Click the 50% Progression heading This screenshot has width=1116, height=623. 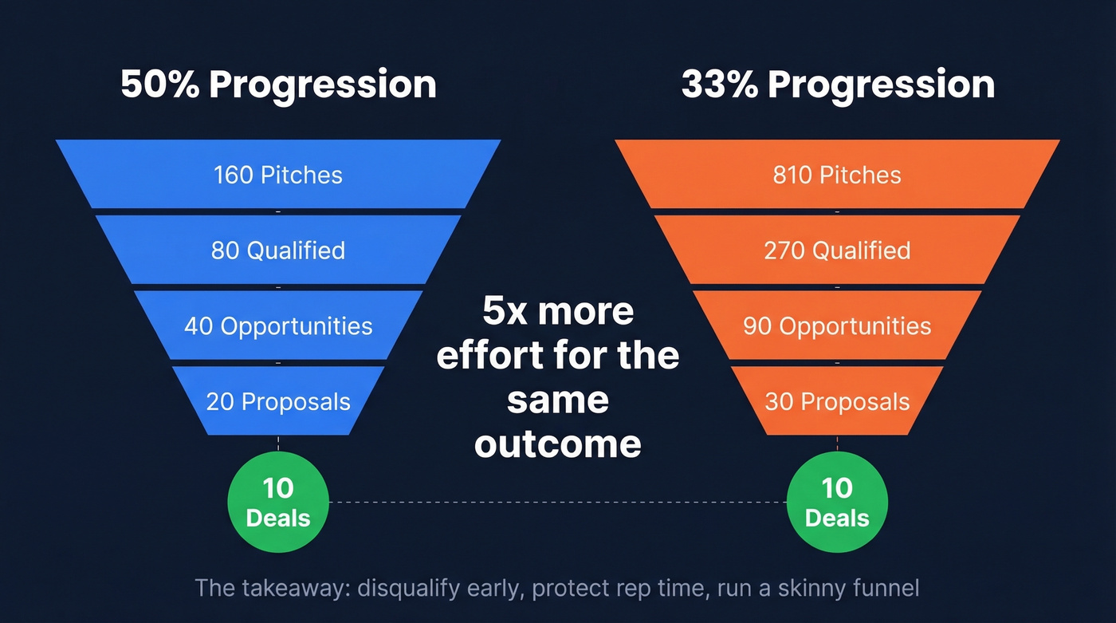[x=278, y=85]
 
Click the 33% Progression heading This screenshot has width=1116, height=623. [x=837, y=85]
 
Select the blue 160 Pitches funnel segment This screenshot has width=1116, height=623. [x=278, y=175]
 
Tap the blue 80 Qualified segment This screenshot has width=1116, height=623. [x=278, y=250]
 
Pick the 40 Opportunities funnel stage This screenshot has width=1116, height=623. [x=278, y=325]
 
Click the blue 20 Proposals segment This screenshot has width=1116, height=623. [x=278, y=401]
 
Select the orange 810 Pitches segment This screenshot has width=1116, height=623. [x=837, y=175]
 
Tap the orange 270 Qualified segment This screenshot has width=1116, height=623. [x=837, y=250]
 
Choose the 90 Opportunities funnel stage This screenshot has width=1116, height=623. [x=837, y=325]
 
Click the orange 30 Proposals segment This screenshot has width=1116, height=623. [x=837, y=401]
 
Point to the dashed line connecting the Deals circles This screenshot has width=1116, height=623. [x=558, y=503]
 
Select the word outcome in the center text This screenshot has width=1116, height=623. [x=557, y=444]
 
